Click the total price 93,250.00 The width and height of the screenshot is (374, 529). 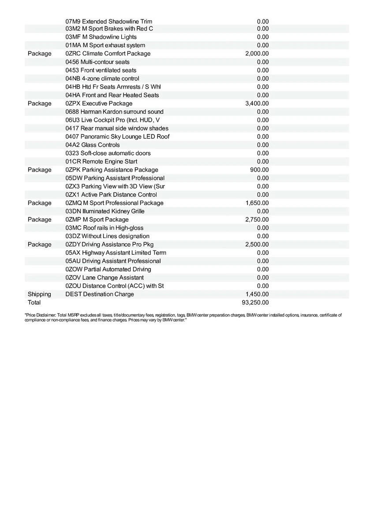point(255,302)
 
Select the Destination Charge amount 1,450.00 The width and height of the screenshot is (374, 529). point(257,294)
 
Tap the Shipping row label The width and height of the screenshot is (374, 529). point(39,294)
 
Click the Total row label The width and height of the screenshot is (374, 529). point(34,302)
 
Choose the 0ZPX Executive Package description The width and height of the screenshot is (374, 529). point(99,104)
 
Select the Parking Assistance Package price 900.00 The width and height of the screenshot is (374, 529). point(259,170)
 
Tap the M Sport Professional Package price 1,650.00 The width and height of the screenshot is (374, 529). point(257,203)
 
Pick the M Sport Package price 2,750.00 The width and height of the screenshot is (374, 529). point(257,220)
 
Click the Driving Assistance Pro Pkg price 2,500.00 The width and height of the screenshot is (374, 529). point(257,244)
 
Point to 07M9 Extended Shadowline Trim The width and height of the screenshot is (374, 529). point(109,21)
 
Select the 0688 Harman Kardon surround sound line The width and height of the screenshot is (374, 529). point(114,112)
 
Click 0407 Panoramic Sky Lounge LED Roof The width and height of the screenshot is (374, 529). point(117,137)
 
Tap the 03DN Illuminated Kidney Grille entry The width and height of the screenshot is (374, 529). point(105,211)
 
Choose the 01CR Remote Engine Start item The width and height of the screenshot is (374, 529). point(101,161)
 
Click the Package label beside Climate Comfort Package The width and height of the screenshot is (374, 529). point(39,54)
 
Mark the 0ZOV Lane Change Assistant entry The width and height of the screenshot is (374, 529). point(105,277)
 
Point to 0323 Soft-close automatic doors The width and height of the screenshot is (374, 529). point(108,153)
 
